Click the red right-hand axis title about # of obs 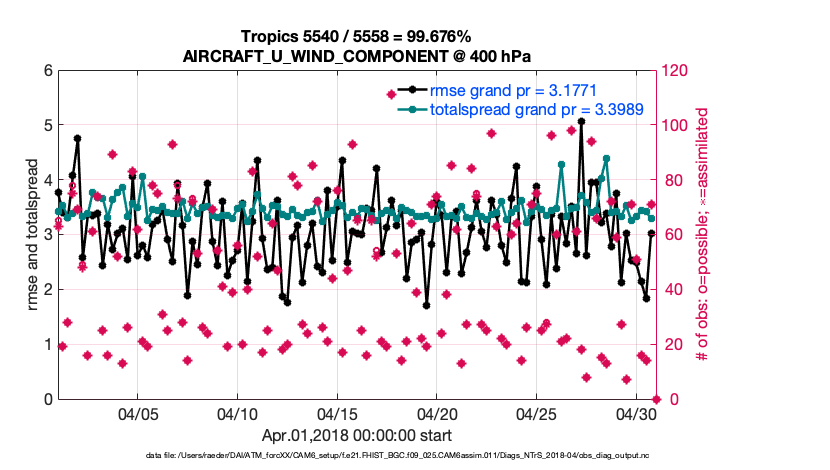(703, 235)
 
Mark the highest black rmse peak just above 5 (581, 122)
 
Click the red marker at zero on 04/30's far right (656, 399)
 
